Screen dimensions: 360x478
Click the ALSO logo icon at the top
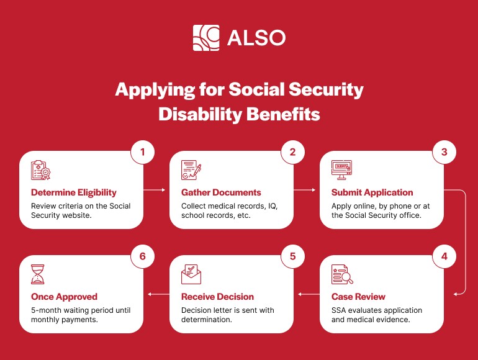(x=206, y=37)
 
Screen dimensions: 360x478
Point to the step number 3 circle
(x=444, y=151)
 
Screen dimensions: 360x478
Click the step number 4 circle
(x=444, y=256)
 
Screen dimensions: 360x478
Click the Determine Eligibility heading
(x=73, y=192)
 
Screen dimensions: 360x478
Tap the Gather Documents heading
(x=221, y=192)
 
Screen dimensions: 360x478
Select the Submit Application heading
(x=372, y=192)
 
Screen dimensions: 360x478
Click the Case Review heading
(x=358, y=297)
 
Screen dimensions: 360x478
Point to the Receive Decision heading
(x=217, y=297)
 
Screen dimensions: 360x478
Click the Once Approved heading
(x=64, y=297)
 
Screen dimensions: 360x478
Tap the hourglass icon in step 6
(x=38, y=274)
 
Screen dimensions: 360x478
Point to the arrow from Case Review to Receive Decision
(x=306, y=294)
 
